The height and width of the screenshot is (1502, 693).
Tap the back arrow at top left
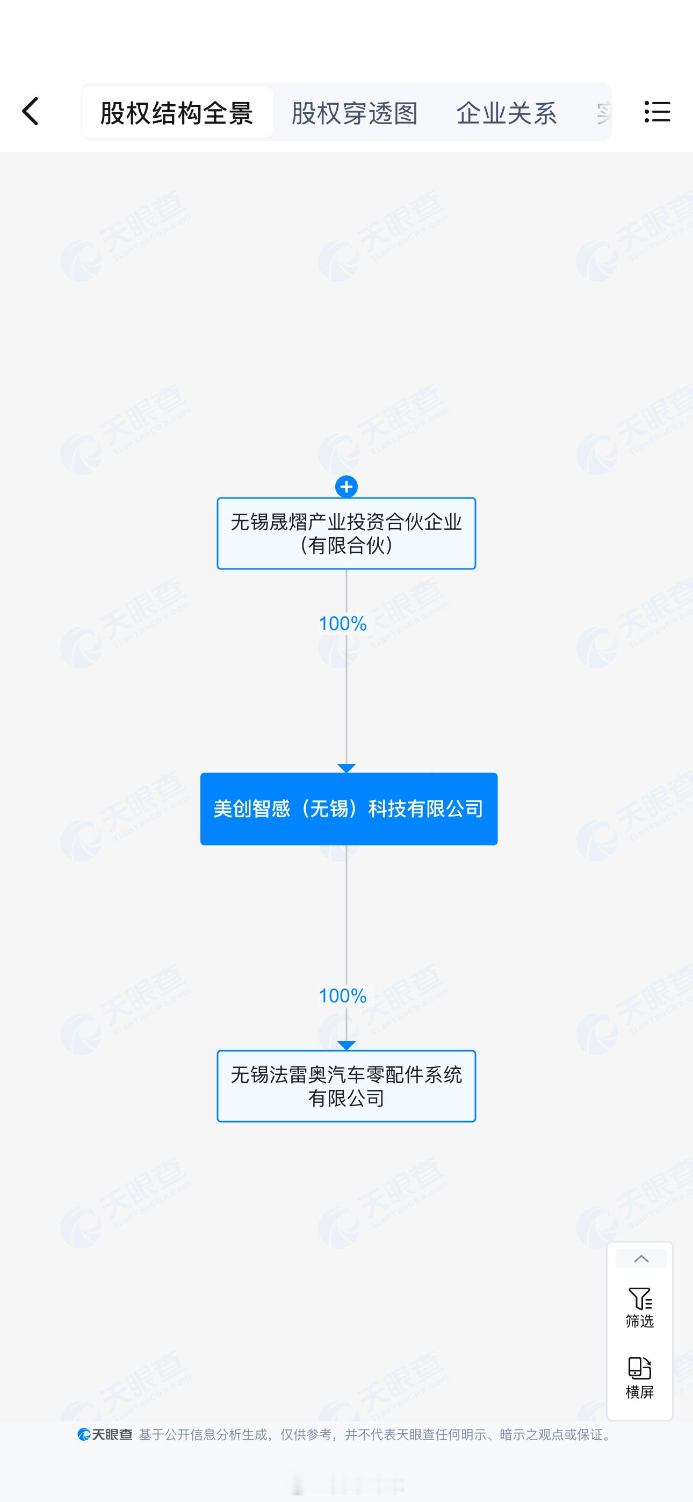(x=30, y=111)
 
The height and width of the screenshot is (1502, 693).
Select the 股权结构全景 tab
(x=177, y=112)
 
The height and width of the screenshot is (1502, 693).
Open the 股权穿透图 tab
(x=355, y=112)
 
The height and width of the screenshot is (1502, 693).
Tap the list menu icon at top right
(x=658, y=111)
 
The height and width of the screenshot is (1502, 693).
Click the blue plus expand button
(x=346, y=486)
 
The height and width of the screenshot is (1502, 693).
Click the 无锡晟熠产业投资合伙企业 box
(x=346, y=533)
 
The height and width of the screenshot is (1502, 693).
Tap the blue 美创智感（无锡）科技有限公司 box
(x=348, y=808)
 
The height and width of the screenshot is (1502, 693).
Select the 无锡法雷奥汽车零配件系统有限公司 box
(x=346, y=1086)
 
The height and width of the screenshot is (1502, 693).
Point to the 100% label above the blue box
(x=342, y=623)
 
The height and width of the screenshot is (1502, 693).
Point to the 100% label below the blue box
(x=342, y=995)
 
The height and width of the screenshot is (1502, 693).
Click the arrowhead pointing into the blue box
(x=346, y=768)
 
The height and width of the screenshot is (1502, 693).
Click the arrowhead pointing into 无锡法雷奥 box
(x=346, y=1045)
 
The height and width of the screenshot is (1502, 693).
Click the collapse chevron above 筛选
(x=641, y=1259)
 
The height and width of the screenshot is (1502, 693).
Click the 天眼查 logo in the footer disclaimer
(x=105, y=1434)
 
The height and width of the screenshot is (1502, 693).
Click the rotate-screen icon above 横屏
(x=640, y=1368)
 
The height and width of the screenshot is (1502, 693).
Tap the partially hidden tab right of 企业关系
(x=603, y=112)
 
